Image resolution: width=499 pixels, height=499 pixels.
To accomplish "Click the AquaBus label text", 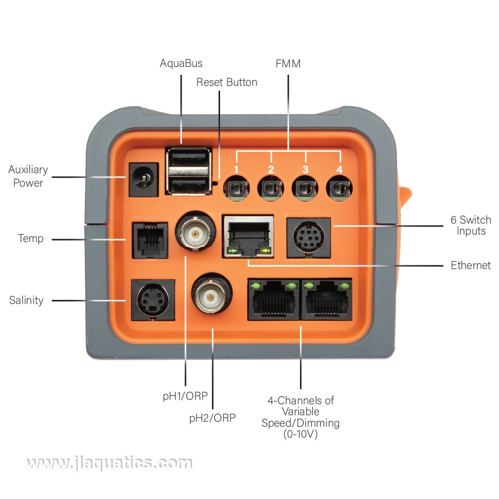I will pyautogui.click(x=181, y=63).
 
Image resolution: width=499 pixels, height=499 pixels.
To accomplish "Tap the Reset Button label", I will pyautogui.click(x=227, y=82).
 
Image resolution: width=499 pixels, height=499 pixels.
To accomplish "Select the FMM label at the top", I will pyautogui.click(x=288, y=63).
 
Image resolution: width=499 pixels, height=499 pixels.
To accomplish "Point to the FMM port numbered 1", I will pyautogui.click(x=237, y=189).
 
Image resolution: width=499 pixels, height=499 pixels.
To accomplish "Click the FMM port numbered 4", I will pyautogui.click(x=339, y=189).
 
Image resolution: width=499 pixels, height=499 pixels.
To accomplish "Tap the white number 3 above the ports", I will pyautogui.click(x=305, y=170).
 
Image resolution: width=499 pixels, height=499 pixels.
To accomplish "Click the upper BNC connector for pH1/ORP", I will pyautogui.click(x=196, y=232).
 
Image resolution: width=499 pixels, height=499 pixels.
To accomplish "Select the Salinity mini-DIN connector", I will pyautogui.click(x=152, y=299).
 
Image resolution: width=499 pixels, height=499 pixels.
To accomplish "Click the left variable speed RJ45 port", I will pyautogui.click(x=273, y=300).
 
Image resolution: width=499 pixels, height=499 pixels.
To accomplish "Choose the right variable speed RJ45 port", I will pyautogui.click(x=326, y=300).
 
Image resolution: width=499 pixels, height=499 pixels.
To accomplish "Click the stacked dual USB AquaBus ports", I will pyautogui.click(x=188, y=171).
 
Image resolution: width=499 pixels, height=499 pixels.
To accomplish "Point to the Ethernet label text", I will pyautogui.click(x=471, y=265).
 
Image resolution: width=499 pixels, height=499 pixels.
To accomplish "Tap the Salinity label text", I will pyautogui.click(x=26, y=300).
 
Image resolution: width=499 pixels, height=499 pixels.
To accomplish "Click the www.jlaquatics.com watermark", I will pyautogui.click(x=108, y=464).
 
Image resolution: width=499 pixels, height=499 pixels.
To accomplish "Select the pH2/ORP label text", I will pyautogui.click(x=212, y=418).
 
